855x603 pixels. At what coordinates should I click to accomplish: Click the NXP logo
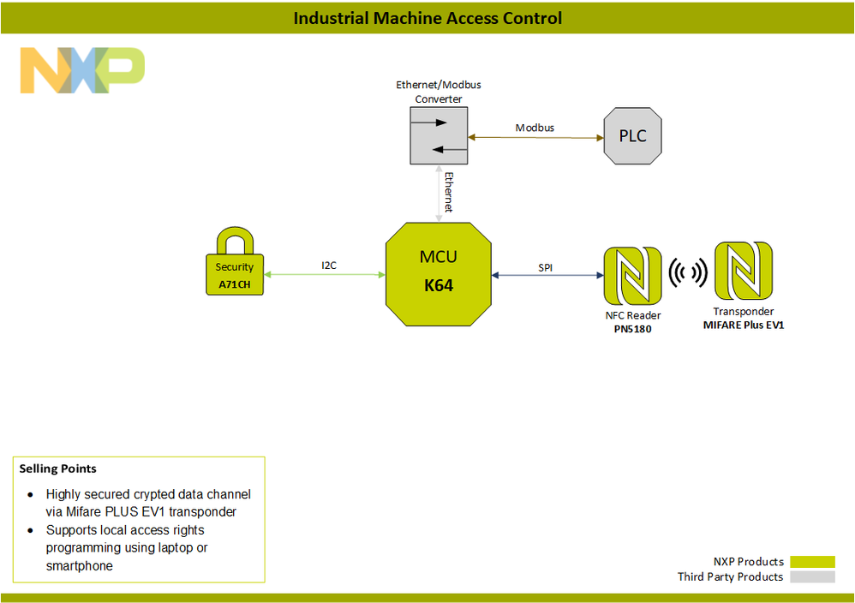point(82,70)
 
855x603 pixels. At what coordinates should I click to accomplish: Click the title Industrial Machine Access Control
point(427,18)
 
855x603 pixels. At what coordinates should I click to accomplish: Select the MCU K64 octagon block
point(439,274)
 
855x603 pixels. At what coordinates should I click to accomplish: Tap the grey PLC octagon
point(632,136)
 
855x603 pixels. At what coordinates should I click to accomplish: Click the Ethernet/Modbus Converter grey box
point(438,137)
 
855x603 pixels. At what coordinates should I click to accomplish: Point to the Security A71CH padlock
point(235,263)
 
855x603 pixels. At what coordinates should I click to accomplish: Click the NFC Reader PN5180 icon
point(631,276)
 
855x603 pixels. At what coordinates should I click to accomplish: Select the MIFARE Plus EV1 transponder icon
point(743,272)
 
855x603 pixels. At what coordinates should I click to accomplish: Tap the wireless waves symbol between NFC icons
point(687,273)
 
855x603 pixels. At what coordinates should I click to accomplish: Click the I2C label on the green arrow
point(329,266)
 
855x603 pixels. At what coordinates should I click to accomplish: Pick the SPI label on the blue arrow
point(546,268)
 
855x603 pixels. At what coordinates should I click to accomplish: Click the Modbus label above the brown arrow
point(535,128)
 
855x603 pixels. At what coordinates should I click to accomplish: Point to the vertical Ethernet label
point(449,193)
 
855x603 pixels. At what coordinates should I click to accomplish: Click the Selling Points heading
point(58,469)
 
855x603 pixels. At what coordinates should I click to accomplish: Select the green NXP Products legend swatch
point(812,562)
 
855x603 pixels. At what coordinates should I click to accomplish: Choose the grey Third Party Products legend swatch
point(812,577)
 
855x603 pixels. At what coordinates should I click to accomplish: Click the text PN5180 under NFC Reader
point(633,329)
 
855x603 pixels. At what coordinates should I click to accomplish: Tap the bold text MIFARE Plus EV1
point(744,325)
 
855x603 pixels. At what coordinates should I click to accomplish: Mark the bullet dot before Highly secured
point(31,495)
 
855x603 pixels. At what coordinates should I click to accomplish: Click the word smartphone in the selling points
point(80,566)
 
